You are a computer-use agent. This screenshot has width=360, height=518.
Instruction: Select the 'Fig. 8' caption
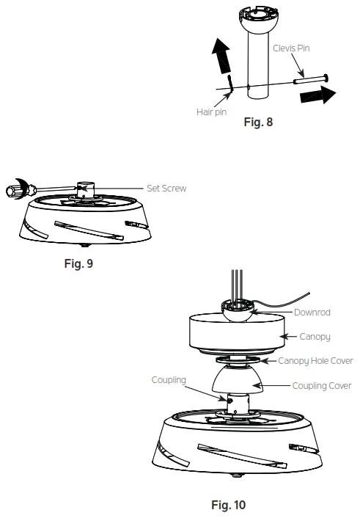258,123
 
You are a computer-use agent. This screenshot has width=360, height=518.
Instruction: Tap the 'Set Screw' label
166,189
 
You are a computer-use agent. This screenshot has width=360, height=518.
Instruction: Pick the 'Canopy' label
315,337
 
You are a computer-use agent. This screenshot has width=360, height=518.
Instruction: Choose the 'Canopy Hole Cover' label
315,361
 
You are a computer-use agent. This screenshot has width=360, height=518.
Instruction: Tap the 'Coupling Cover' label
322,386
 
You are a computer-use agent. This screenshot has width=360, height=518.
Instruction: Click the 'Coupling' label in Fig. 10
169,380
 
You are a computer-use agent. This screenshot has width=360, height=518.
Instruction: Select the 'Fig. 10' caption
228,505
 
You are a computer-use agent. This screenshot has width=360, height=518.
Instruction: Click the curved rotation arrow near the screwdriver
25,180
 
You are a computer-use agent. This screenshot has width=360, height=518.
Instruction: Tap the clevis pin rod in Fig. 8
308,80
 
